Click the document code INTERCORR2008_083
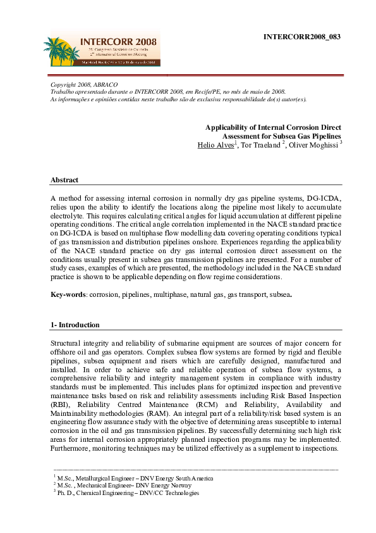(x=302, y=37)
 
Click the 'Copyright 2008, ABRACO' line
(x=84, y=84)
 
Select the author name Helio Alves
(x=216, y=145)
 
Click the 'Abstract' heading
(x=64, y=180)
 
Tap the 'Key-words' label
(x=68, y=295)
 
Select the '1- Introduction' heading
(x=75, y=325)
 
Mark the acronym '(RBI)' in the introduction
(x=61, y=404)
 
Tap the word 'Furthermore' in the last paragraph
(x=71, y=449)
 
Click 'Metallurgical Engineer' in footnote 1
(x=111, y=478)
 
